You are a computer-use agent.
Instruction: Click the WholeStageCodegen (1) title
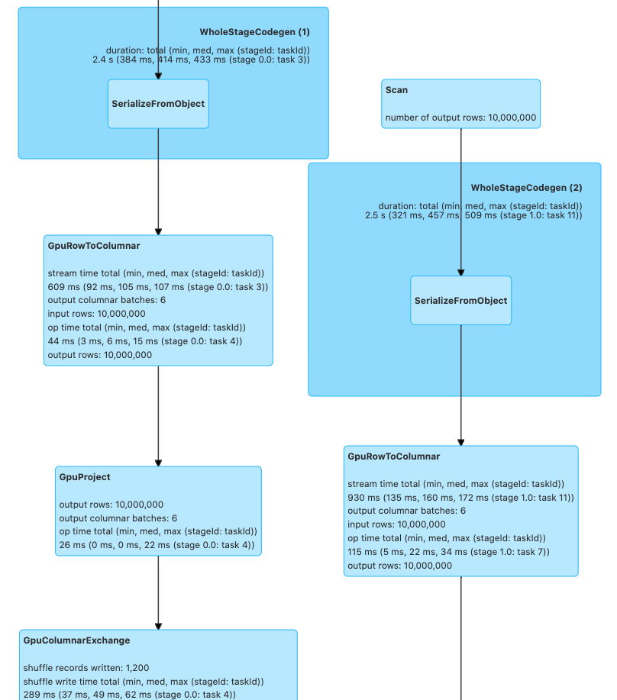tap(254, 32)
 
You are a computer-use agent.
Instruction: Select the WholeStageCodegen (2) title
tap(526, 188)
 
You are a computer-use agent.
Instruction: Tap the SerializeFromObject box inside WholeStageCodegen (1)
tap(158, 104)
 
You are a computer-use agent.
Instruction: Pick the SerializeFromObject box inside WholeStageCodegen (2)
tap(460, 301)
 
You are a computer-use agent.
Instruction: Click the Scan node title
tap(396, 90)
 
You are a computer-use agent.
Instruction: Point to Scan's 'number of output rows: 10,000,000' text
tap(460, 118)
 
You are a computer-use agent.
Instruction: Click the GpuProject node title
tap(85, 477)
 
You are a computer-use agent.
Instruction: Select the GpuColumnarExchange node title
tap(76, 640)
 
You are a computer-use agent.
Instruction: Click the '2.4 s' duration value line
tap(200, 59)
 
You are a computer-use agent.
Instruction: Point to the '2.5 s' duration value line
tap(473, 215)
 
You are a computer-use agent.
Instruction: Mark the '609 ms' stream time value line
tap(157, 287)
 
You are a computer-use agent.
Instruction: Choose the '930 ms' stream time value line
tap(460, 498)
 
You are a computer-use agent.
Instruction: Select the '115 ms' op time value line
tap(448, 552)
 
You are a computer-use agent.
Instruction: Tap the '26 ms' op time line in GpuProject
tap(157, 546)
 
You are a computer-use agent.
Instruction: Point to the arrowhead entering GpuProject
tap(158, 462)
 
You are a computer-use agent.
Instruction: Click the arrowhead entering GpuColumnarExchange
tap(158, 625)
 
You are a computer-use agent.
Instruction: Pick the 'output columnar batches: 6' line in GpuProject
tap(118, 518)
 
